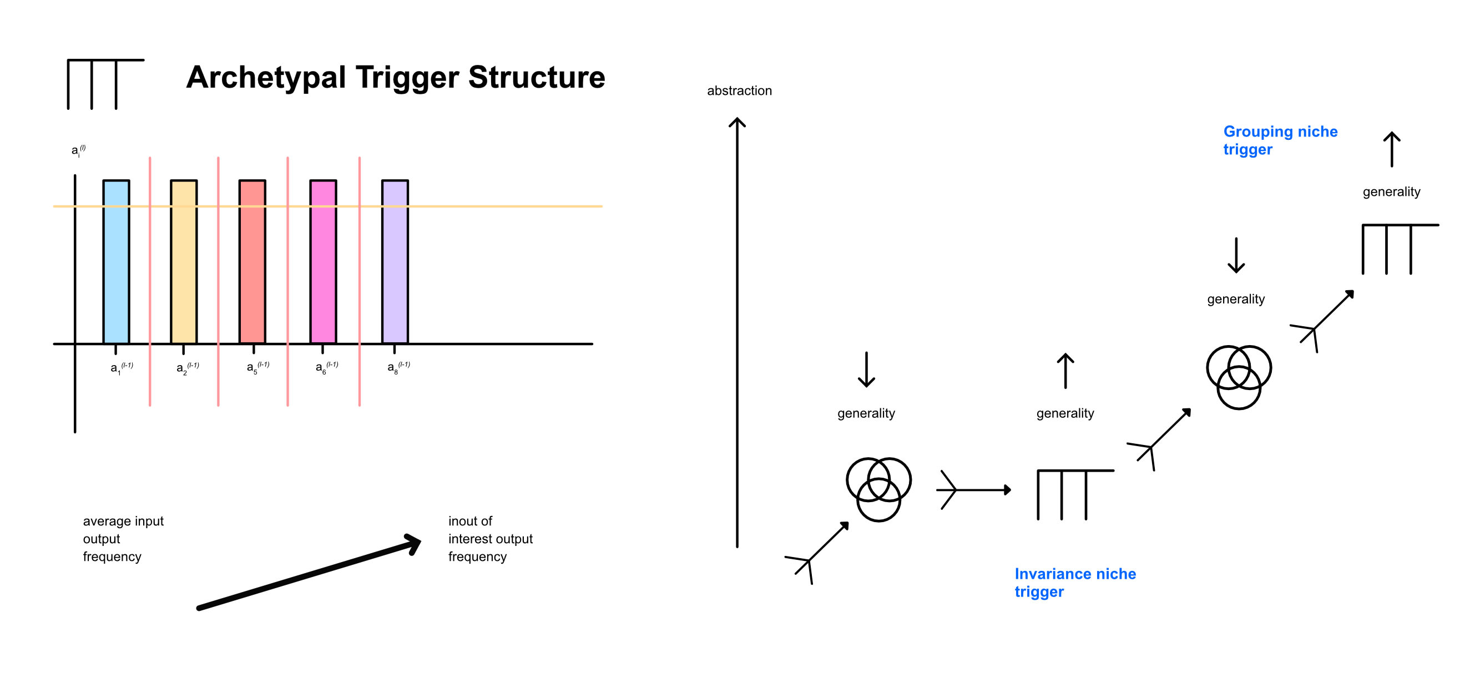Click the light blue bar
[116, 262]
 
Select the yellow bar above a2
[184, 262]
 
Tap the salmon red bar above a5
[252, 262]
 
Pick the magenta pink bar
[324, 262]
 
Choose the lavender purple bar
[395, 262]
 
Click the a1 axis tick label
[121, 368]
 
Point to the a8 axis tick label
[398, 367]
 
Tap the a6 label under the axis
[326, 367]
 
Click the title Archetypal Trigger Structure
[395, 77]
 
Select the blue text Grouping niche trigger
[1280, 140]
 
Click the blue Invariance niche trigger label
[1074, 582]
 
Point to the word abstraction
[739, 91]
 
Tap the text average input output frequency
[123, 538]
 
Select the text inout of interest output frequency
[490, 538]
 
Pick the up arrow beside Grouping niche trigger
[1391, 149]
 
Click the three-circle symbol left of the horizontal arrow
[878, 489]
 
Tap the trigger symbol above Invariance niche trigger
[1074, 494]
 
